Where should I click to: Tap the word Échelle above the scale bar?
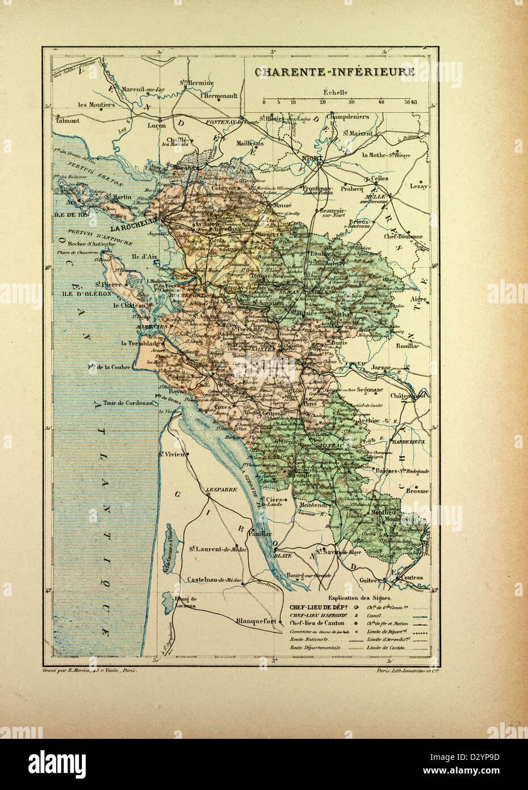tap(336, 92)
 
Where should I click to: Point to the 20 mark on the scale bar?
tap(322, 102)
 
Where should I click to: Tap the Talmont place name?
tap(67, 120)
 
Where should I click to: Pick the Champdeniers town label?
tap(348, 117)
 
